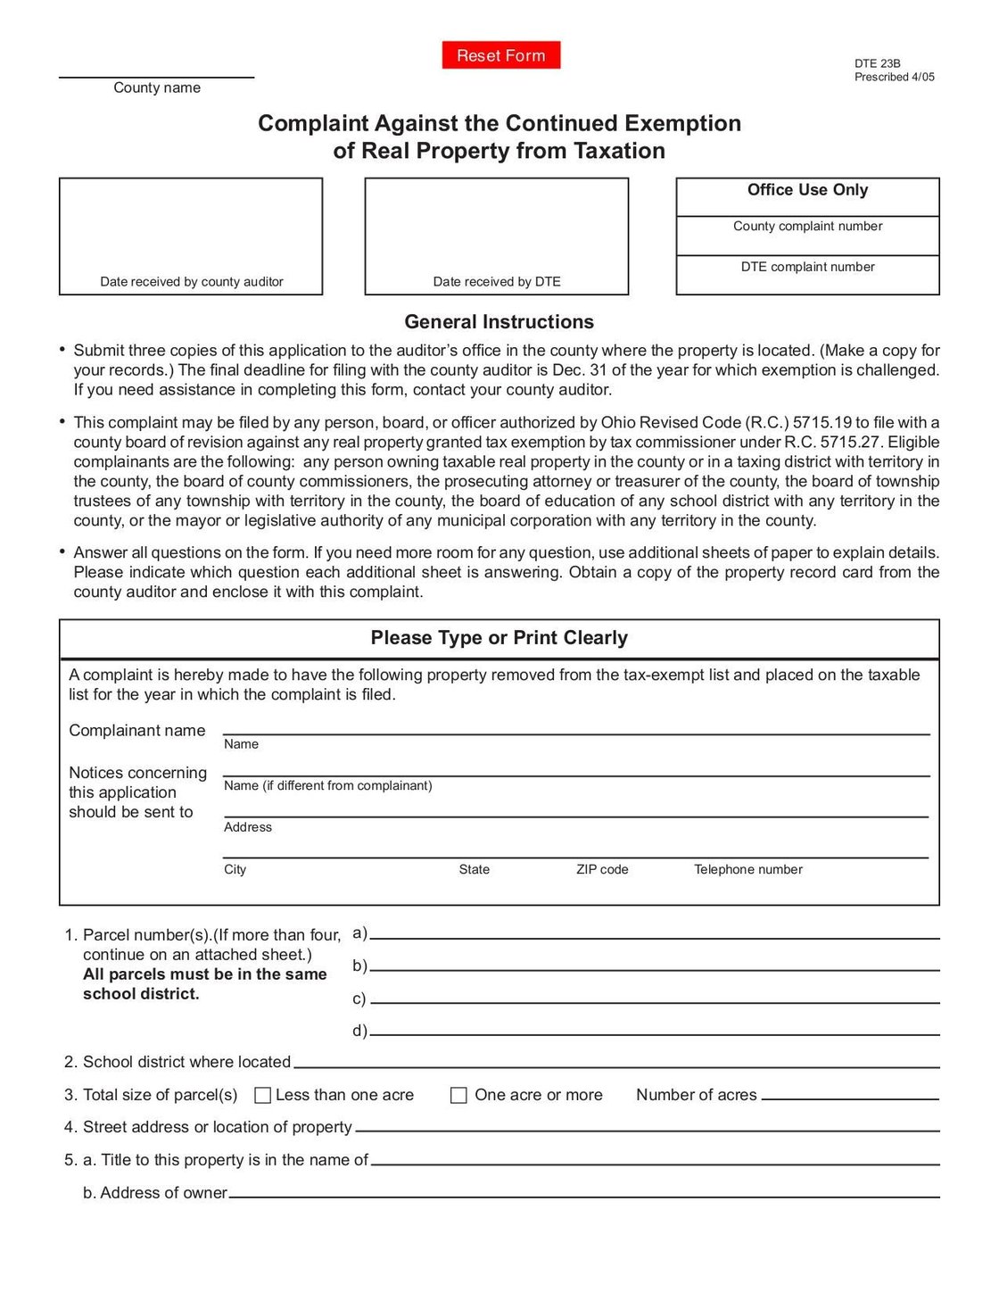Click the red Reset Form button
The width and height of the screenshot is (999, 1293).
pyautogui.click(x=500, y=55)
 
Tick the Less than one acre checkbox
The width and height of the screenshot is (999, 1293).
pyautogui.click(x=263, y=1095)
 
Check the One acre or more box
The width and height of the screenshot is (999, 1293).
pyautogui.click(x=458, y=1095)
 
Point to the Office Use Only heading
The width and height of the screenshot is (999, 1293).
pyautogui.click(x=807, y=190)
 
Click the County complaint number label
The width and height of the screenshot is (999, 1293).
pyautogui.click(x=807, y=227)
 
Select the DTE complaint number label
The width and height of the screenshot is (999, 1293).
pyautogui.click(x=807, y=267)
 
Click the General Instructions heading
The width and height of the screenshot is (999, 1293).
pyautogui.click(x=499, y=322)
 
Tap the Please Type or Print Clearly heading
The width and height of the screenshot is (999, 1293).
pyautogui.click(x=499, y=638)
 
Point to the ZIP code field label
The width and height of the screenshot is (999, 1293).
pyautogui.click(x=602, y=869)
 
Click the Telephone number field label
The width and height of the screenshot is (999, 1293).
pyautogui.click(x=747, y=869)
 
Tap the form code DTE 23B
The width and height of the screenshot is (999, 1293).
pyautogui.click(x=878, y=63)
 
